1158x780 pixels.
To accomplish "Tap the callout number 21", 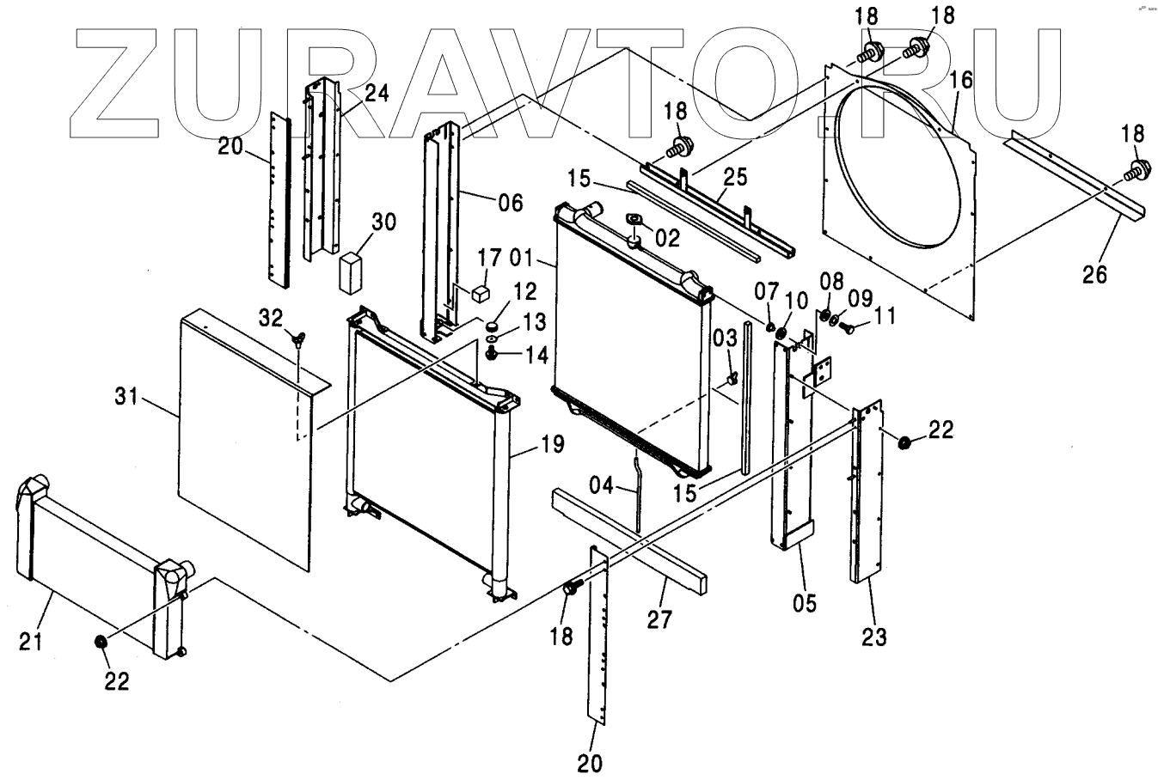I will [31, 641].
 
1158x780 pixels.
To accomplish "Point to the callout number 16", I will [961, 81].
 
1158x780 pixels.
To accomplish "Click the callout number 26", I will [1094, 275].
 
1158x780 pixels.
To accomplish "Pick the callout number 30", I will [383, 222].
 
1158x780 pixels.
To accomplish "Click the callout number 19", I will [552, 445].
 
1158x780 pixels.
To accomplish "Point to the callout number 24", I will [377, 93].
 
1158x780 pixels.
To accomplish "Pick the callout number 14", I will [536, 354].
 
